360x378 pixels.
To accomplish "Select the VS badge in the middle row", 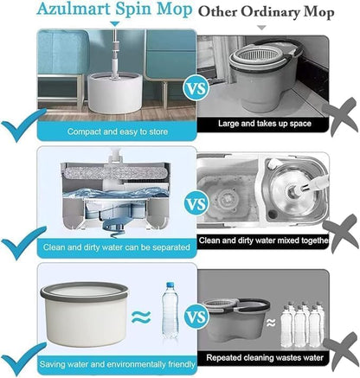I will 196,205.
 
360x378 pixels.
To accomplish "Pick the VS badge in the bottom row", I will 196,317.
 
